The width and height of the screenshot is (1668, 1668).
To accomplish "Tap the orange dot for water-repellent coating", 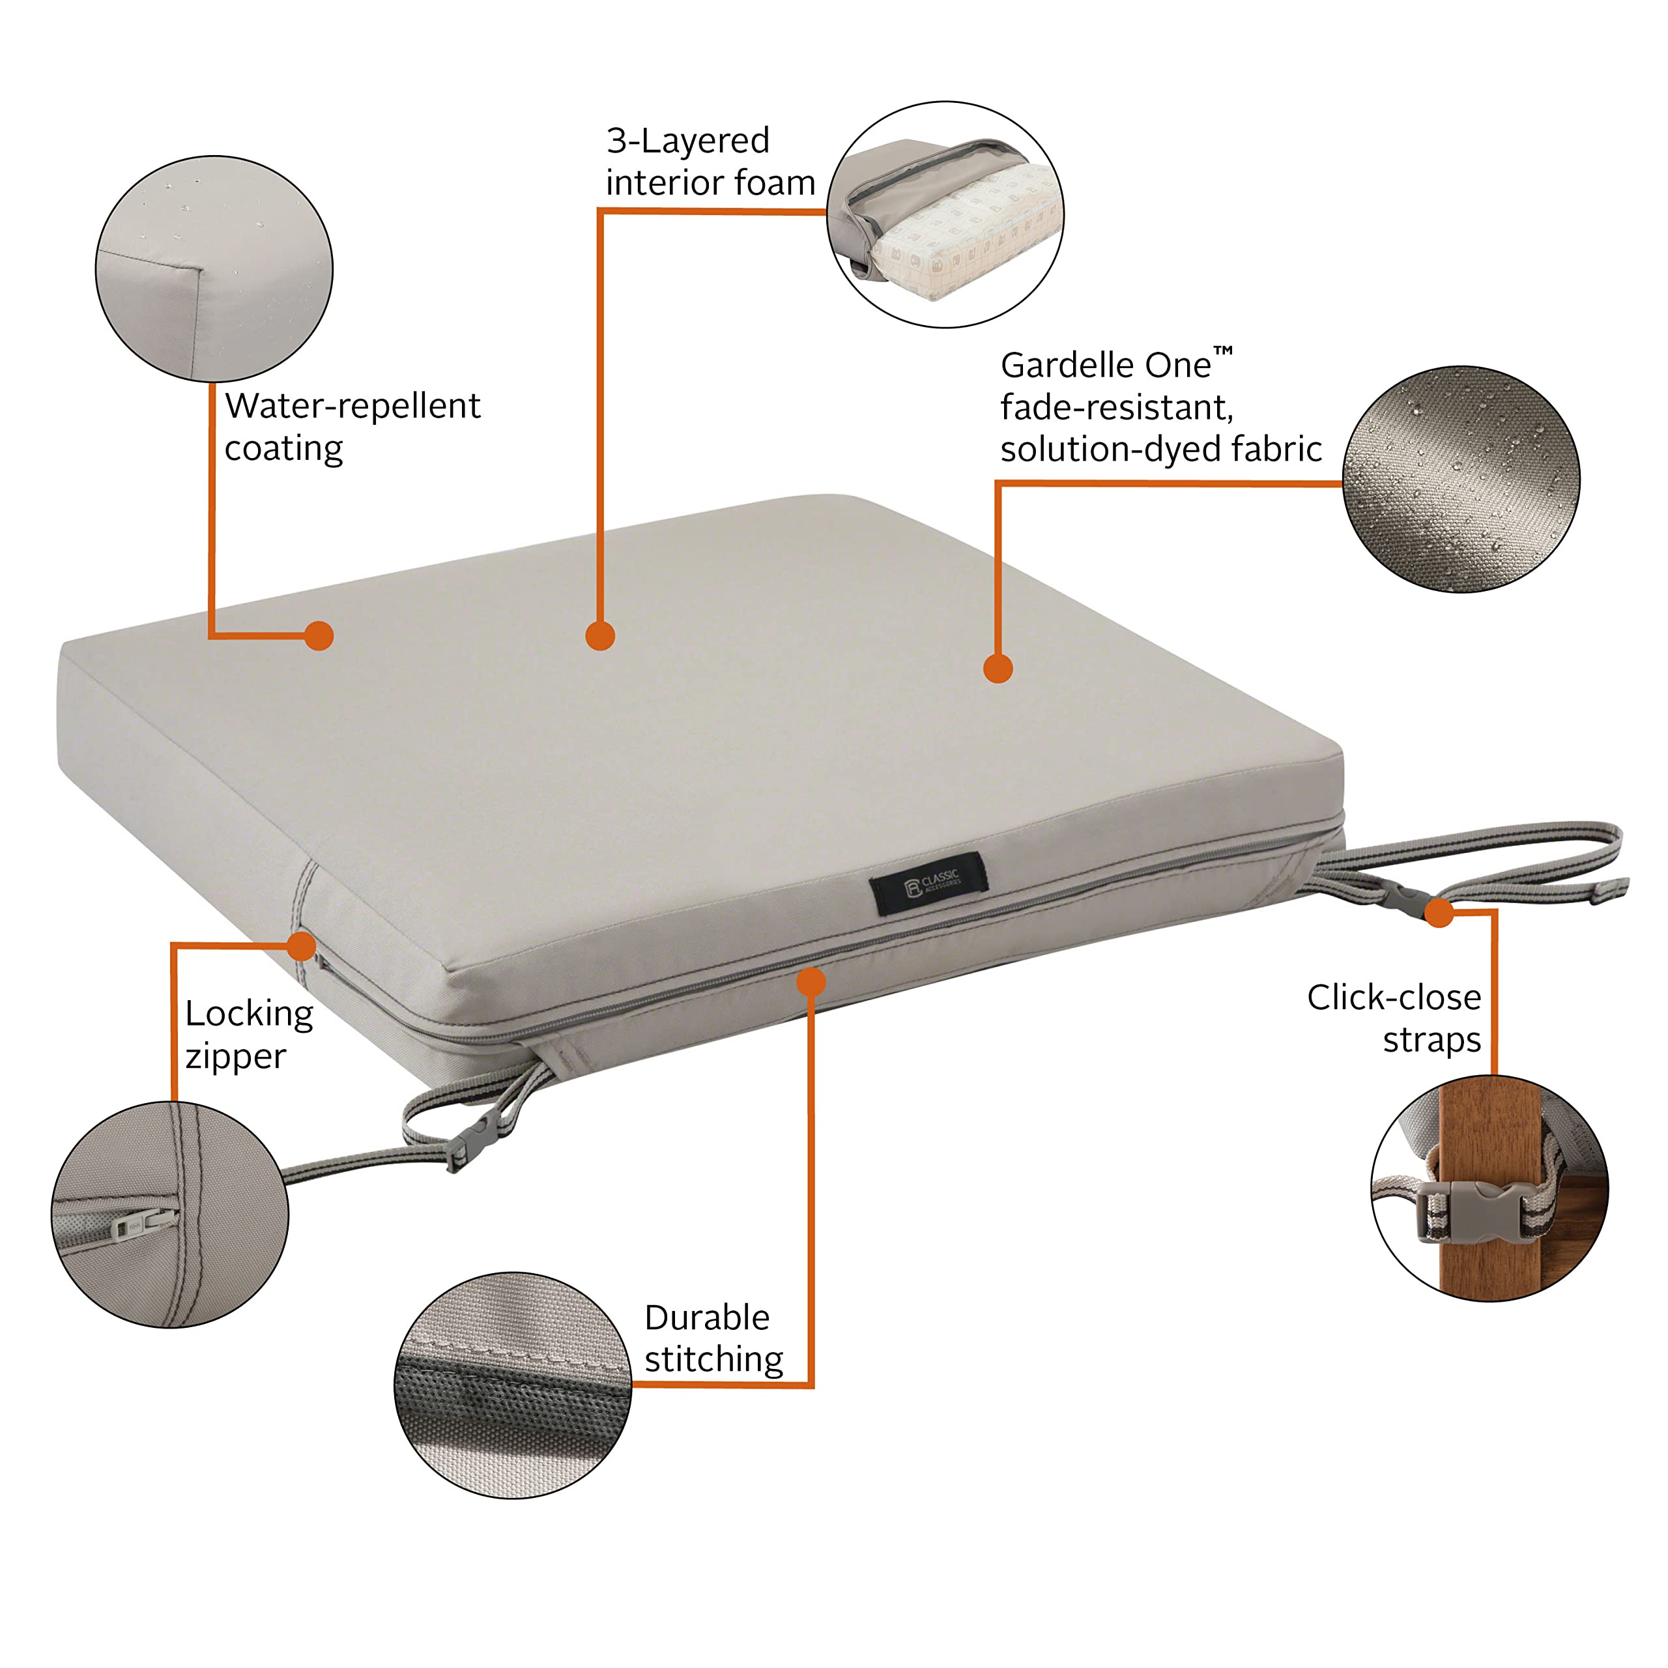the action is coord(319,635).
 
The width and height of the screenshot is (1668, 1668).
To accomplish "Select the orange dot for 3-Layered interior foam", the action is coord(600,635).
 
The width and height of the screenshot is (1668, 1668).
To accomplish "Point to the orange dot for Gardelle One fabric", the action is coord(998,669).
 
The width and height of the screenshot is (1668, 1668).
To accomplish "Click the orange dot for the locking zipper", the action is coord(301,945).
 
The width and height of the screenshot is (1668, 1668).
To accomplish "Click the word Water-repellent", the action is coord(352,406).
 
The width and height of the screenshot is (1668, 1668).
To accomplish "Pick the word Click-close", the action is coord(1394,997).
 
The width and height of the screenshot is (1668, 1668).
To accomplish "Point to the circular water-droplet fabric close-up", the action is coord(1461,479).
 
